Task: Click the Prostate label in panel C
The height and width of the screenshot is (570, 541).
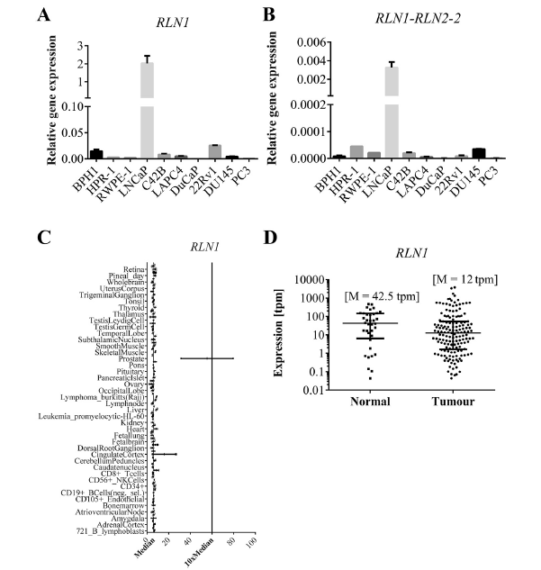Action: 133,358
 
